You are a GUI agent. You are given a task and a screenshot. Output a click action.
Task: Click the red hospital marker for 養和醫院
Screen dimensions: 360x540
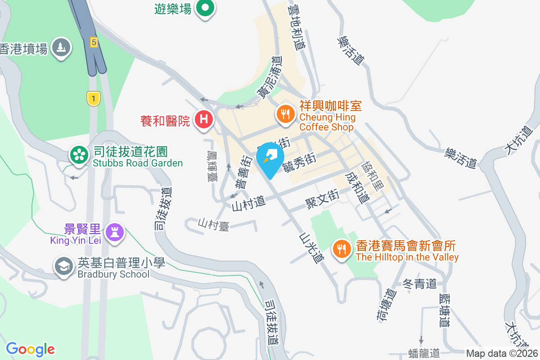point(203,120)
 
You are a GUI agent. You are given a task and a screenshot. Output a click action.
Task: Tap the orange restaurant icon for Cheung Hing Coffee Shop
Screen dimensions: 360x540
point(285,114)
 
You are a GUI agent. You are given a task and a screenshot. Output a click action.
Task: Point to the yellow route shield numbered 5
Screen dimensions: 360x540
point(94,42)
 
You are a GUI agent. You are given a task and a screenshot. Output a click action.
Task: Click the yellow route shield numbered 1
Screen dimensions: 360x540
point(93,99)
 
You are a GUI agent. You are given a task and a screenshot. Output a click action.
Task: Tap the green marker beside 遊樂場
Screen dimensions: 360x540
point(205,9)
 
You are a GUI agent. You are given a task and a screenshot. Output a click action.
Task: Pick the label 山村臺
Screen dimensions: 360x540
point(214,224)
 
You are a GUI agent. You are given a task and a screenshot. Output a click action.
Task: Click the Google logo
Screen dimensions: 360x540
point(30,349)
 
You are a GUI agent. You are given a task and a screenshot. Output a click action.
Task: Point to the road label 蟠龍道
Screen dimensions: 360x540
point(424,353)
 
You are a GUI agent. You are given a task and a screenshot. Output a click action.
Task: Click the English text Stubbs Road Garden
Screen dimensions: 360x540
point(138,163)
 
